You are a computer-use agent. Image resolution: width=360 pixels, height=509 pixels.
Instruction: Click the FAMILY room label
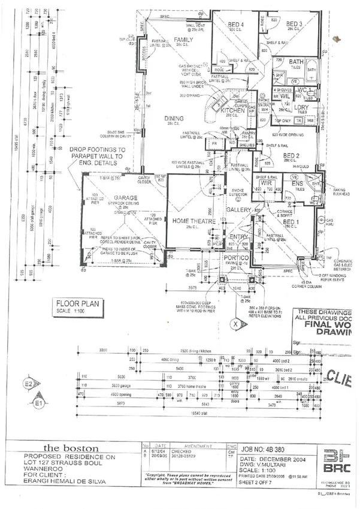click(184, 40)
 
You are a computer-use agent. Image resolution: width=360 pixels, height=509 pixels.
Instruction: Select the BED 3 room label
click(293, 23)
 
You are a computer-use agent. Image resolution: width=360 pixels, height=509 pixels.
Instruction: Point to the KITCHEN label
click(233, 111)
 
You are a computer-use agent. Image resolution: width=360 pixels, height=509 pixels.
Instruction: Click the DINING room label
click(174, 118)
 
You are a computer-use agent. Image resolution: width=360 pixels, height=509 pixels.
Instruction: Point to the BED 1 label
click(291, 222)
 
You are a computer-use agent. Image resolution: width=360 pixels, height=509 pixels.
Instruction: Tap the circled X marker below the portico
click(237, 324)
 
